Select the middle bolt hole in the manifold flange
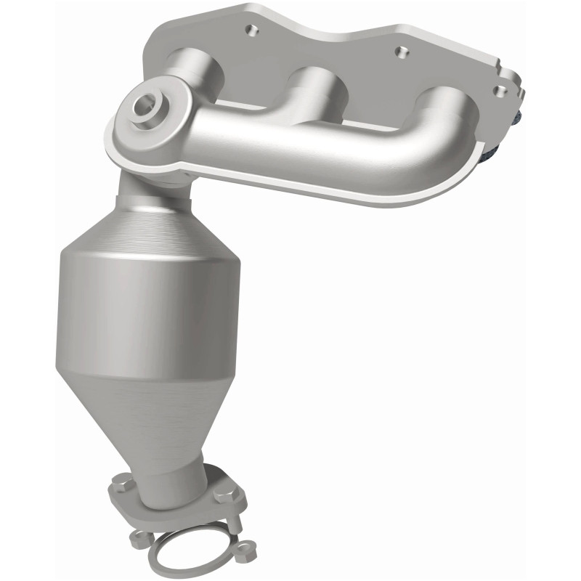[397, 52]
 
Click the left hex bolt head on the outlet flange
[122, 484]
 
